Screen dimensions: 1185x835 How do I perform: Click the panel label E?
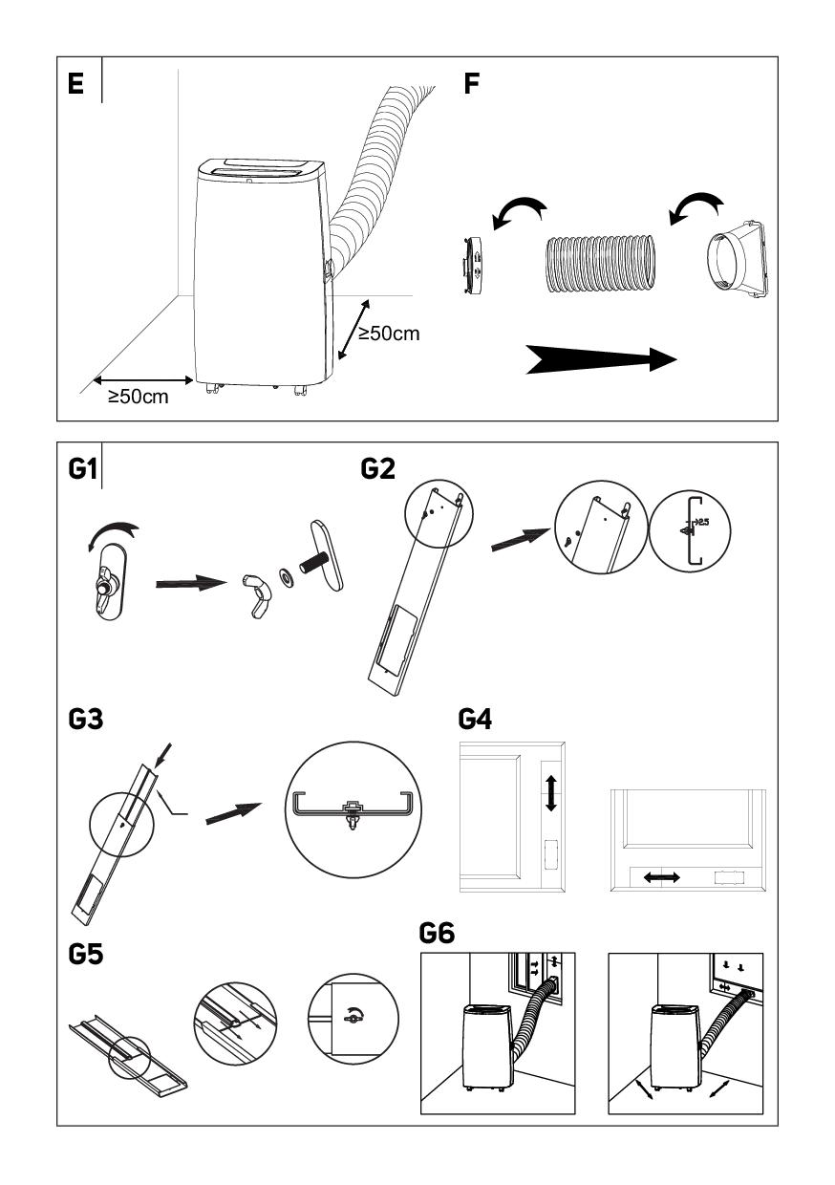coord(75,83)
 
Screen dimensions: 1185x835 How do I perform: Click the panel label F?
coord(471,83)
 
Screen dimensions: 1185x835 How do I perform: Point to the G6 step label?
coord(439,933)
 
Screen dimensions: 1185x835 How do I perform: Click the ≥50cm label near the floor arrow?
coord(138,397)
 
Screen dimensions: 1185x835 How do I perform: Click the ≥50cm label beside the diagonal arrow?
coord(389,334)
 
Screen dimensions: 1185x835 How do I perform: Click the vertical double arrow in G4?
coord(550,793)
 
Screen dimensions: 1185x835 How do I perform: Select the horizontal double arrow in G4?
coord(660,876)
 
